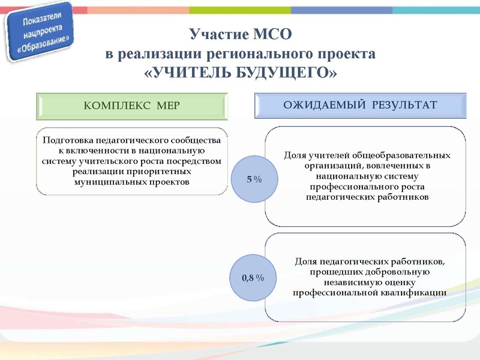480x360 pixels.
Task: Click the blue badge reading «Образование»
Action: coord(41,34)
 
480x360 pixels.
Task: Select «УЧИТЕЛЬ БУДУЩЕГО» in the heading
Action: coord(241,73)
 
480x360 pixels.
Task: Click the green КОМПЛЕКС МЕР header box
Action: coord(132,106)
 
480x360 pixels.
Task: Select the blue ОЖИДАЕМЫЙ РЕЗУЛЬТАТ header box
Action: coord(360,105)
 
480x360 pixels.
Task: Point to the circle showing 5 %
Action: coord(254,179)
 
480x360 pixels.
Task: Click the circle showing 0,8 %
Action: coord(254,278)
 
